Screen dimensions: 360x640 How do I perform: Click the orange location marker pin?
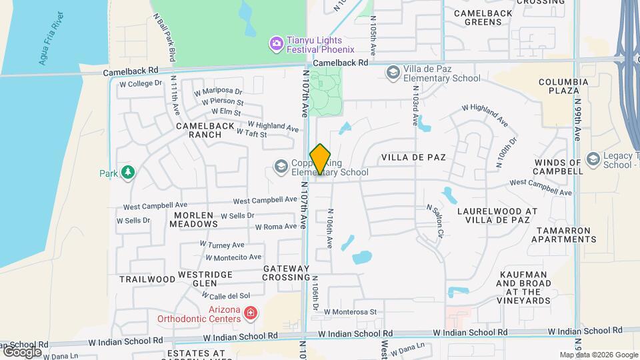click(x=320, y=159)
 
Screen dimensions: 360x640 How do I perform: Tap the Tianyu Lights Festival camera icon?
click(x=276, y=44)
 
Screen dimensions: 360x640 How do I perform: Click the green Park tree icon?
click(x=127, y=173)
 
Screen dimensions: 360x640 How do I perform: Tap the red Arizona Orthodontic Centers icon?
click(x=250, y=313)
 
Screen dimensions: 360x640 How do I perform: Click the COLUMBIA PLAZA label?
click(x=563, y=87)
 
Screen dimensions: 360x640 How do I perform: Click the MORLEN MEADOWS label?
click(x=196, y=219)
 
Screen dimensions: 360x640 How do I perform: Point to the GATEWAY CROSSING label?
click(x=287, y=272)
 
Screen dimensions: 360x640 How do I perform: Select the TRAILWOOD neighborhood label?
click(x=147, y=279)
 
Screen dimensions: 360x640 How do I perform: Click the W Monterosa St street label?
click(x=351, y=311)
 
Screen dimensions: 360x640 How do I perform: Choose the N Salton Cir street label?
click(x=435, y=222)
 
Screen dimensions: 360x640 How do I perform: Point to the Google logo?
click(x=21, y=351)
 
